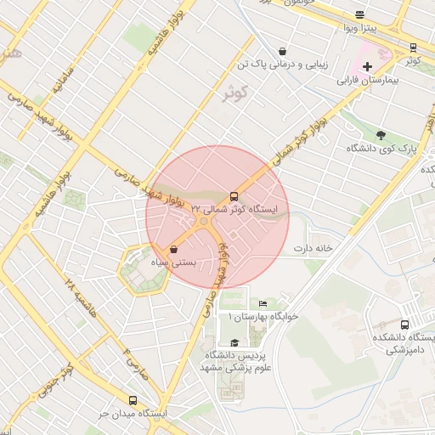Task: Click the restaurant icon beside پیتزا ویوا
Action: pyautogui.click(x=359, y=14)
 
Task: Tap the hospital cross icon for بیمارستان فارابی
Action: pyautogui.click(x=367, y=66)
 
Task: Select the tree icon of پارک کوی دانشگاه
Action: pyautogui.click(x=381, y=135)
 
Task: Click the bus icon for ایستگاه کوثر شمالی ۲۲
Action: pyautogui.click(x=234, y=195)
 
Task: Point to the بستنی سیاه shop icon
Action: pyautogui.click(x=174, y=250)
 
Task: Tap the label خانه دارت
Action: pyautogui.click(x=310, y=248)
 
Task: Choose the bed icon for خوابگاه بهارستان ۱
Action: pyautogui.click(x=263, y=303)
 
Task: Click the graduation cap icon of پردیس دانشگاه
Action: pyautogui.click(x=234, y=342)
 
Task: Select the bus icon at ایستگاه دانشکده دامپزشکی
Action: pyautogui.click(x=404, y=324)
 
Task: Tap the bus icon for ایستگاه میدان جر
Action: pyautogui.click(x=133, y=400)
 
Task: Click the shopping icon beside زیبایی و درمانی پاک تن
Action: pyautogui.click(x=282, y=51)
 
